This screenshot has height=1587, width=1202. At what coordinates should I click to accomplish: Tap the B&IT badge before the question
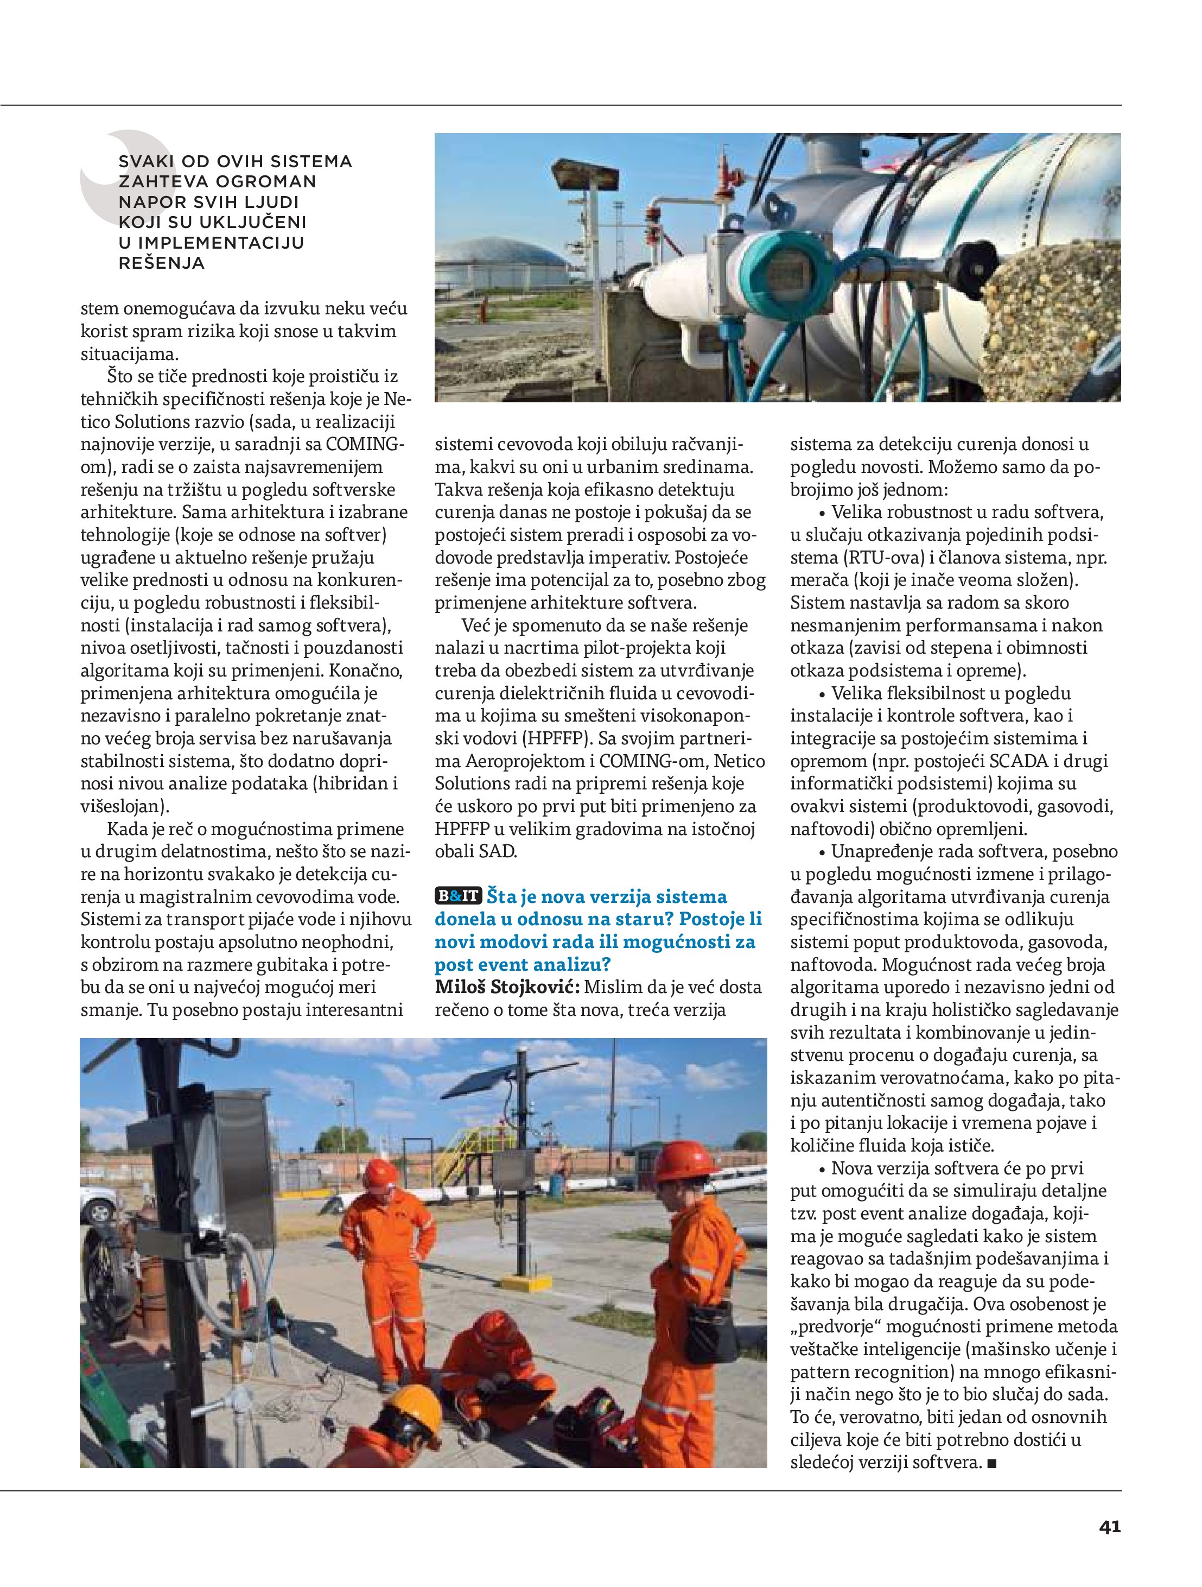click(457, 896)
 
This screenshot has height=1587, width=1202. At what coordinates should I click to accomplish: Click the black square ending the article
click(992, 1462)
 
